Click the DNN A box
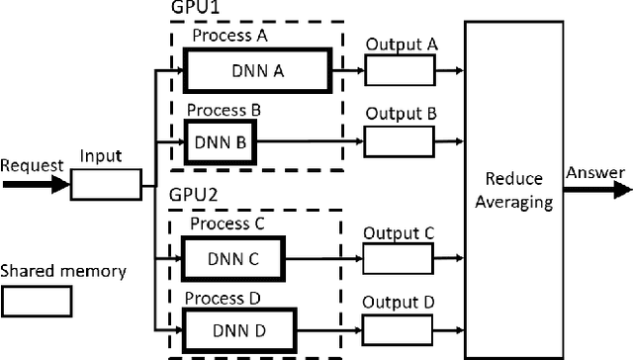click(256, 71)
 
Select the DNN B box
click(220, 140)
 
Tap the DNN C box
click(231, 258)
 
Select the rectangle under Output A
click(400, 71)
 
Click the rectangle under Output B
click(400, 140)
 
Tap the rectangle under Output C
click(400, 258)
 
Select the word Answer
click(595, 173)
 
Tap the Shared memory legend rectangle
click(36, 302)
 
